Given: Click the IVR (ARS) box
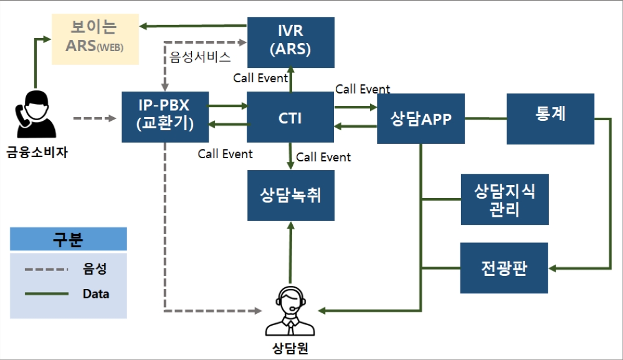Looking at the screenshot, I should pyautogui.click(x=290, y=42).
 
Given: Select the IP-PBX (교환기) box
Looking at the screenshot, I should pyautogui.click(x=165, y=116).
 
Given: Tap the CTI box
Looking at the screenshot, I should pyautogui.click(x=290, y=117).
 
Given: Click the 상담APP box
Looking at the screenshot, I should pyautogui.click(x=421, y=118).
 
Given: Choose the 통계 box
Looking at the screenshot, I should pyautogui.click(x=550, y=118).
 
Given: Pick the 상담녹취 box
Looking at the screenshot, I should pyautogui.click(x=290, y=196).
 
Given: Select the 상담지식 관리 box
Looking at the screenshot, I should pyautogui.click(x=505, y=199).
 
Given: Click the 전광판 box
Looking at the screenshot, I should pyautogui.click(x=505, y=268).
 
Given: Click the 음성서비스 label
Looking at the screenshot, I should pyautogui.click(x=200, y=58).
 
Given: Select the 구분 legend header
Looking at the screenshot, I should pyautogui.click(x=68, y=239).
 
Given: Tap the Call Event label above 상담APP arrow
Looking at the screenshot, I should pyautogui.click(x=363, y=89).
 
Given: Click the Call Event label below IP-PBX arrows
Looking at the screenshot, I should pyautogui.click(x=225, y=153).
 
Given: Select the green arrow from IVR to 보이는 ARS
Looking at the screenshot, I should pyautogui.click(x=193, y=26).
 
